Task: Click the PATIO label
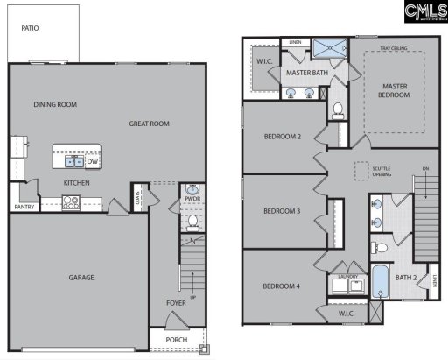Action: pos(30,28)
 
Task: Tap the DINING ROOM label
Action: pos(55,105)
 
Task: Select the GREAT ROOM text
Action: pos(148,124)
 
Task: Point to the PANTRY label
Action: pos(24,208)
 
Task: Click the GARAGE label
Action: pos(81,278)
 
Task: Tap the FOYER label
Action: pos(177,304)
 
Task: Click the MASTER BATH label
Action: pos(306,74)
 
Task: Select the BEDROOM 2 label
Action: pos(283,137)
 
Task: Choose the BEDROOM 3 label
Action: pos(283,211)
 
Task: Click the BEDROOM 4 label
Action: pos(283,286)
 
